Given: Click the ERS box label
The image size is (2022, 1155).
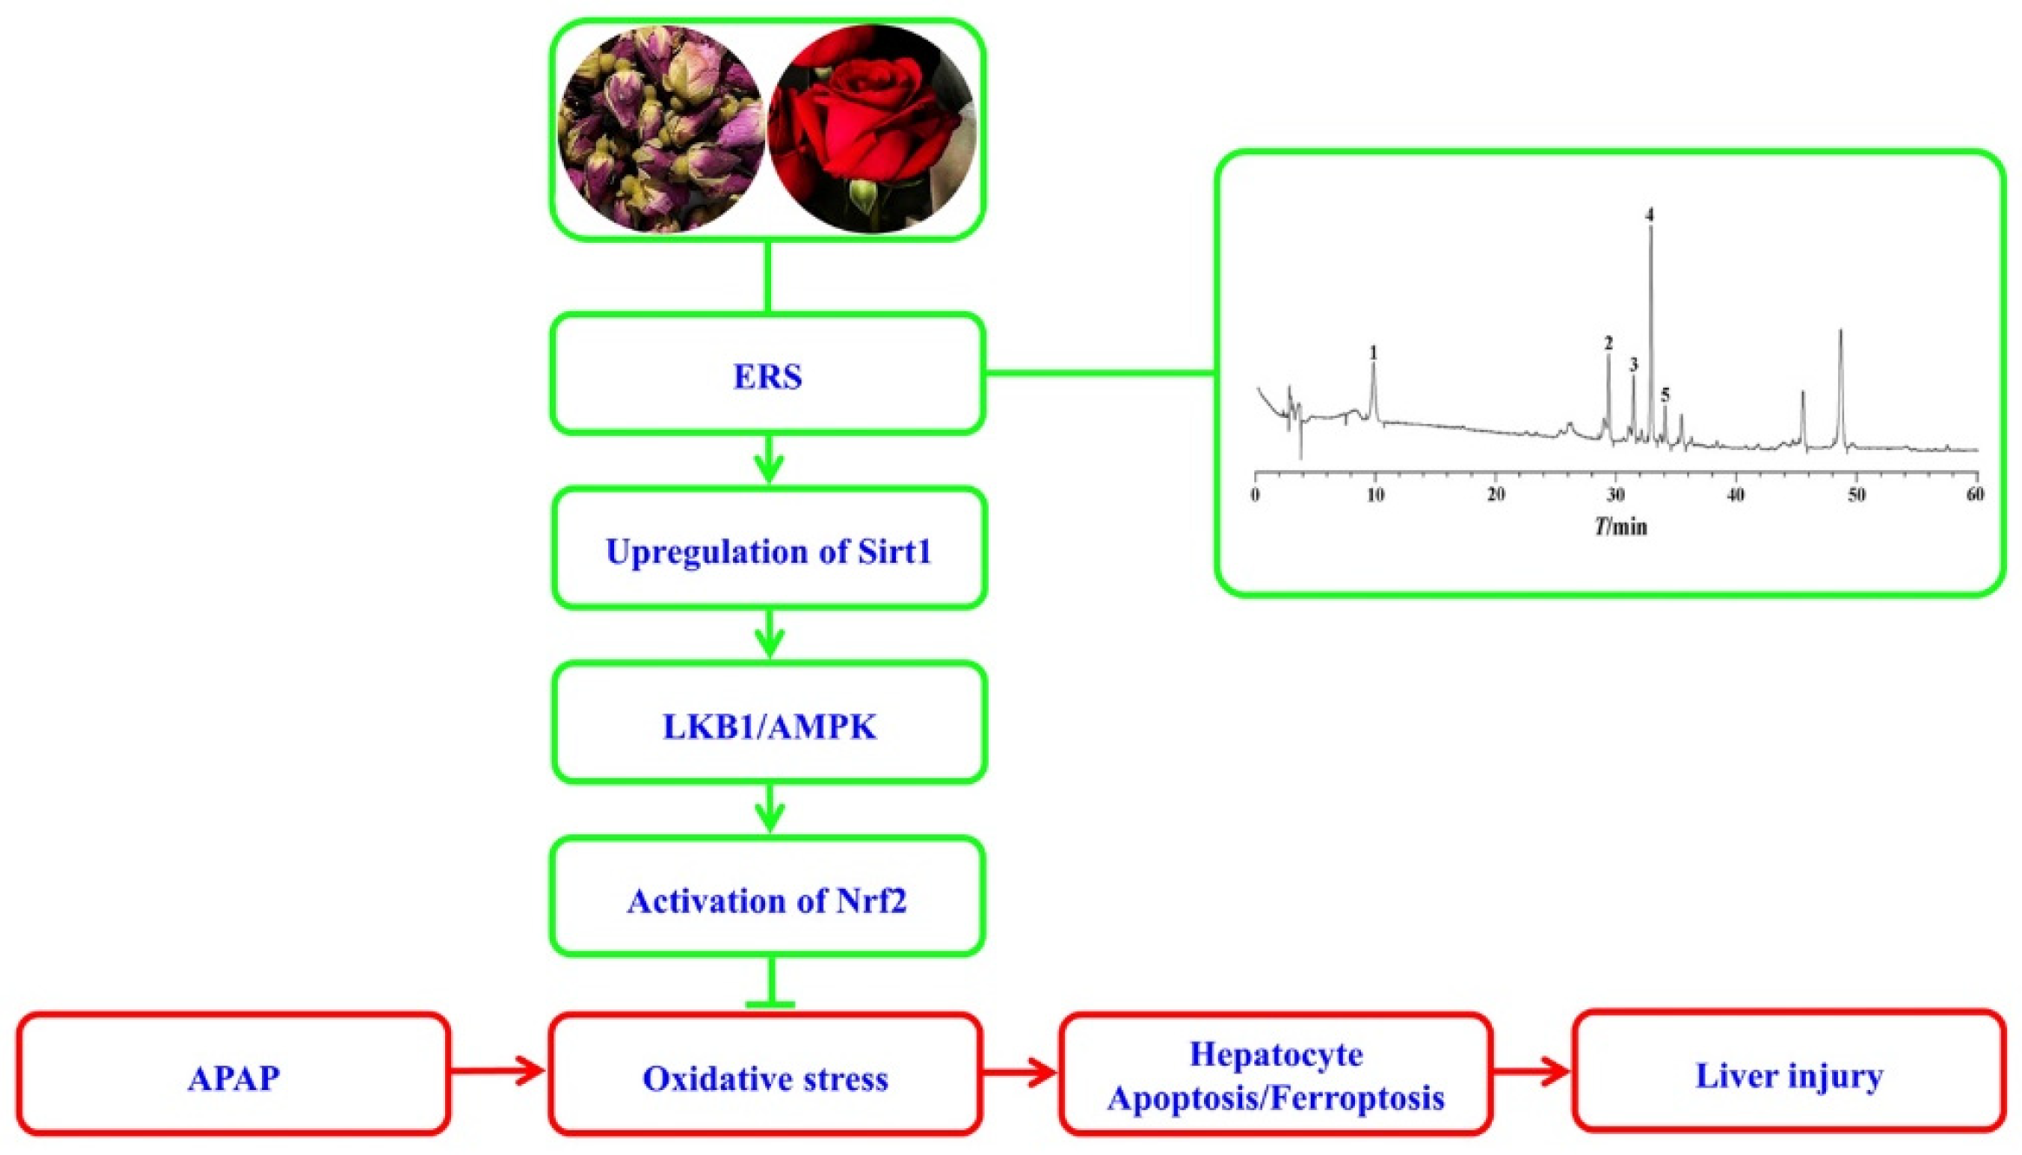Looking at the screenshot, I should click(768, 376).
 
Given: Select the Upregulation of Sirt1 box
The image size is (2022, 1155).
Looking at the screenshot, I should click(769, 551).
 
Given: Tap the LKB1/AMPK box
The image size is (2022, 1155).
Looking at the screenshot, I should click(769, 726).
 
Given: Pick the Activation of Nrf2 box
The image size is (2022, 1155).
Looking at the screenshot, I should click(768, 900).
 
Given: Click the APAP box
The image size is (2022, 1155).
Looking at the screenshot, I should click(233, 1077).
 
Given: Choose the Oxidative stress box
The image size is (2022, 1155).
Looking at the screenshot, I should click(765, 1077).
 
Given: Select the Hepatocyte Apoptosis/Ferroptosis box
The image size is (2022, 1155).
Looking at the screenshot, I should click(1275, 1075).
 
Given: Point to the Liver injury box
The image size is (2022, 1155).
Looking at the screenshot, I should click(1789, 1075).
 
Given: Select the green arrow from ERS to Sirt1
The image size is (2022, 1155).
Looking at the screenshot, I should click(769, 460).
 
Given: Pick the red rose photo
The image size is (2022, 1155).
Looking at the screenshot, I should click(872, 128).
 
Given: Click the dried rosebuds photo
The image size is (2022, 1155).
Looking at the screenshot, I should click(661, 128).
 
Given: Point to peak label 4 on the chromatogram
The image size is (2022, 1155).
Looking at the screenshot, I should click(1650, 214).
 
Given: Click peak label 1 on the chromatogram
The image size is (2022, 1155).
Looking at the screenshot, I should click(1373, 353).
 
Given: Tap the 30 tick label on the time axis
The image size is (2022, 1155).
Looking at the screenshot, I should click(1615, 494).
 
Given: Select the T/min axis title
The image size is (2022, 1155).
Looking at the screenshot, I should click(1620, 526).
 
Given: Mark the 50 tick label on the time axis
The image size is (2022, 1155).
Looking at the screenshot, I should click(1855, 494).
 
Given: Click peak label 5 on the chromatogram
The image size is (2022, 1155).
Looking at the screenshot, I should click(1665, 395).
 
